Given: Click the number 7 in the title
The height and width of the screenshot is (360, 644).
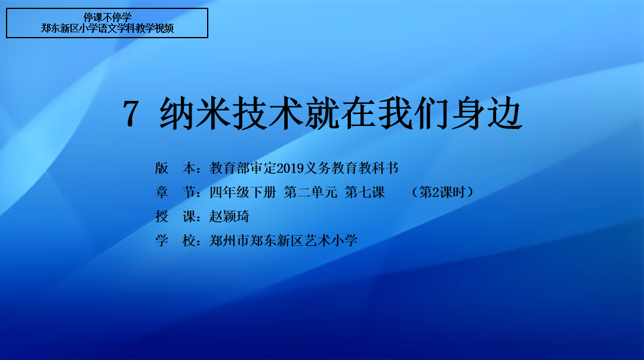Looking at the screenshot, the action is pyautogui.click(x=131, y=113).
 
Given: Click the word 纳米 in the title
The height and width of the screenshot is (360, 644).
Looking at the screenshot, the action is pyautogui.click(x=195, y=113).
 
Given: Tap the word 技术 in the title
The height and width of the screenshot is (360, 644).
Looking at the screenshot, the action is pyautogui.click(x=267, y=113).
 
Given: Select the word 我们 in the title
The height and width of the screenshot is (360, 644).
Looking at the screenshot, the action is pyautogui.click(x=413, y=113).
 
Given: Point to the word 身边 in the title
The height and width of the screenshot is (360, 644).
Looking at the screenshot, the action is pyautogui.click(x=486, y=113).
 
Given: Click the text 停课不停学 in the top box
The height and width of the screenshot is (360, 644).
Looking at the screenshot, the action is pyautogui.click(x=107, y=17).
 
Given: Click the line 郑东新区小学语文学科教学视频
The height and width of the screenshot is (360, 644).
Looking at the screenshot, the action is pyautogui.click(x=107, y=28).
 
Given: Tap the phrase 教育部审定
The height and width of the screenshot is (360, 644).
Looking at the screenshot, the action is pyautogui.click(x=243, y=168).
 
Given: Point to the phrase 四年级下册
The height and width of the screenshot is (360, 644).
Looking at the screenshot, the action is pyautogui.click(x=243, y=192).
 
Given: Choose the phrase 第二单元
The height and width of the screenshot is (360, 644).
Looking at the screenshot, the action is pyautogui.click(x=310, y=192).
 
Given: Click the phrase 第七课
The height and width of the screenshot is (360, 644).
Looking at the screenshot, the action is pyautogui.click(x=365, y=192).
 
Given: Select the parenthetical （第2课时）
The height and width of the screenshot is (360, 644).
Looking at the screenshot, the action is pyautogui.click(x=442, y=192).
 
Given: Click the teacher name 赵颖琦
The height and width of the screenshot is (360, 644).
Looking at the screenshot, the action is pyautogui.click(x=229, y=216).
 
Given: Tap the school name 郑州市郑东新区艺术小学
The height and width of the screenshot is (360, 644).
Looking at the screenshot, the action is pyautogui.click(x=284, y=241).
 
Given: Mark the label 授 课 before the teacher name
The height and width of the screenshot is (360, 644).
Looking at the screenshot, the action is pyautogui.click(x=175, y=216).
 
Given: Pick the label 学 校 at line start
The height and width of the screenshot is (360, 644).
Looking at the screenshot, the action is pyautogui.click(x=175, y=241).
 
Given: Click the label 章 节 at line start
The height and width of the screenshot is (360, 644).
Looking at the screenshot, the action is pyautogui.click(x=175, y=192).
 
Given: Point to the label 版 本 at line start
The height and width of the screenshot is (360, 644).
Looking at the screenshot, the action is pyautogui.click(x=175, y=168).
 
